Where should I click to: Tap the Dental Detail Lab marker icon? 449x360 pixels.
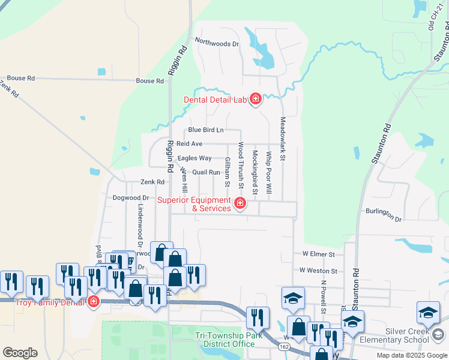(256, 99)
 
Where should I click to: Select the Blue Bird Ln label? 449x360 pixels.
(206, 130)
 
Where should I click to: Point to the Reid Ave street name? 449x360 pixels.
(189, 144)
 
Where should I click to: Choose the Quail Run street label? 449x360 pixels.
(206, 172)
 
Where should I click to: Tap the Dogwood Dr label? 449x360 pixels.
(130, 197)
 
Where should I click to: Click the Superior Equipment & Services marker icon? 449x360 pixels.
(240, 204)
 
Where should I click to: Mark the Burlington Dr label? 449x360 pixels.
(384, 215)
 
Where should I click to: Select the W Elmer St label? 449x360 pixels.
(318, 254)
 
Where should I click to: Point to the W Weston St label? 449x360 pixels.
(319, 271)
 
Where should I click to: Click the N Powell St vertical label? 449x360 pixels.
(323, 296)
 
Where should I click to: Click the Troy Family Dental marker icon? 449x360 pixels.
(93, 301)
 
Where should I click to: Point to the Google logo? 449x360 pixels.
(20, 353)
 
